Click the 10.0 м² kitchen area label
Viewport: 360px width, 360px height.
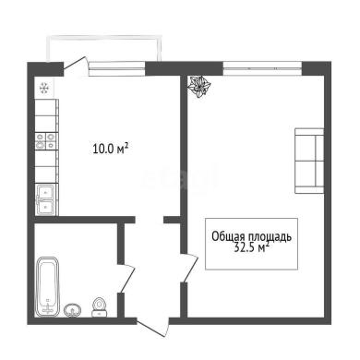point(110,149)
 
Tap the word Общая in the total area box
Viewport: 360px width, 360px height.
point(228,237)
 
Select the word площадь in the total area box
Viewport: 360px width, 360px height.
point(270,237)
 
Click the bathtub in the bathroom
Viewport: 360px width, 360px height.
point(48,287)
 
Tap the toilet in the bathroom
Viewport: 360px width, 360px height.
point(100,307)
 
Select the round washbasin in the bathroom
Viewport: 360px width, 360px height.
point(73,310)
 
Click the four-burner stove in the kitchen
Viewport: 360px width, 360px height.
point(46,141)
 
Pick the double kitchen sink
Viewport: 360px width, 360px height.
point(46,199)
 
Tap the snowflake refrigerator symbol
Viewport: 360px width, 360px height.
point(44,89)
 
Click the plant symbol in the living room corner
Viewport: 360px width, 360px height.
point(199,87)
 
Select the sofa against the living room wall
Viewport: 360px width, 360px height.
point(309,161)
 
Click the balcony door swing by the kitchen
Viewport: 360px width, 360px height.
point(76,66)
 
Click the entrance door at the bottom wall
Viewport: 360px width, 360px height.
point(153,328)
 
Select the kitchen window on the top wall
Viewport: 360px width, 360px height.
point(117,69)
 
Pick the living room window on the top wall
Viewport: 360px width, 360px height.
point(262,68)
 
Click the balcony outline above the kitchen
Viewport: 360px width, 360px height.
point(103,37)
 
